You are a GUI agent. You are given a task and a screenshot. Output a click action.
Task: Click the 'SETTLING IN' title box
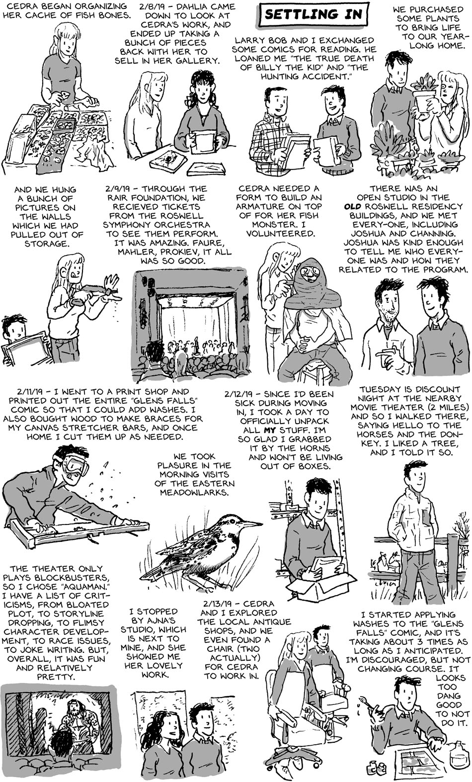tap(314, 14)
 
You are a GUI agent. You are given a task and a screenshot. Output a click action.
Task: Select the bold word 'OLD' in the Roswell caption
tap(352, 207)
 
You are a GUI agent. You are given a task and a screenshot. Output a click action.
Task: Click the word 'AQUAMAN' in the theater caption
tap(78, 587)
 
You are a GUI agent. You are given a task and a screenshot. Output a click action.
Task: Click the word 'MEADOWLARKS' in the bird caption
tap(194, 492)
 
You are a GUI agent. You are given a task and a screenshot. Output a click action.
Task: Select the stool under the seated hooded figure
tap(316, 371)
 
